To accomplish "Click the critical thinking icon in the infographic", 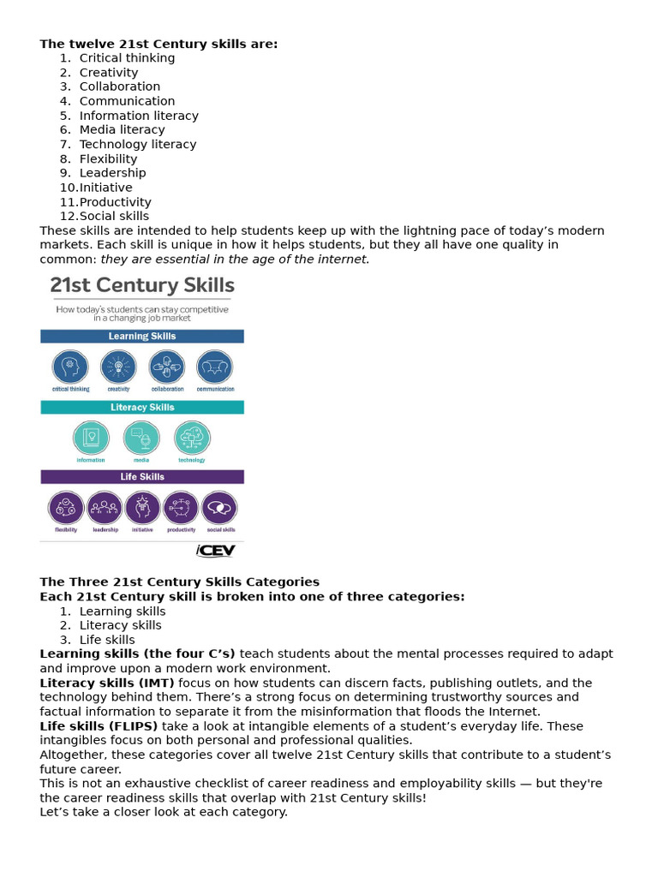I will point(69,367).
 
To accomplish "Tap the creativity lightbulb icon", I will point(118,367).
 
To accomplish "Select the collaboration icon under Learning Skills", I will point(166,367).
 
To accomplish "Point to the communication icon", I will point(214,367).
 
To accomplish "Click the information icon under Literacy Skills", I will point(91,438).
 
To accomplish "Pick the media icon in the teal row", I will point(141,438).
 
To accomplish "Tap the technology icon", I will point(192,438).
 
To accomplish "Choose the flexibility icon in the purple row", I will point(66,508).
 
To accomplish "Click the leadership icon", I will point(105,508).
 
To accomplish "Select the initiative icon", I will point(142,508).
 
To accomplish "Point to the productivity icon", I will point(181,508).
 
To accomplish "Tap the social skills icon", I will point(219,508).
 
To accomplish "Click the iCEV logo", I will point(215,550).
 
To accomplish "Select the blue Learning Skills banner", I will point(142,337).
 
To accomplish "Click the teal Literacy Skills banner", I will point(142,408).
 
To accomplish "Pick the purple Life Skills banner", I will point(142,477).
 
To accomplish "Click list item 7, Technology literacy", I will point(137,145).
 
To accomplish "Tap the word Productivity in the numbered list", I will point(115,202).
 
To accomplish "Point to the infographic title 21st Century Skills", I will point(142,284).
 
